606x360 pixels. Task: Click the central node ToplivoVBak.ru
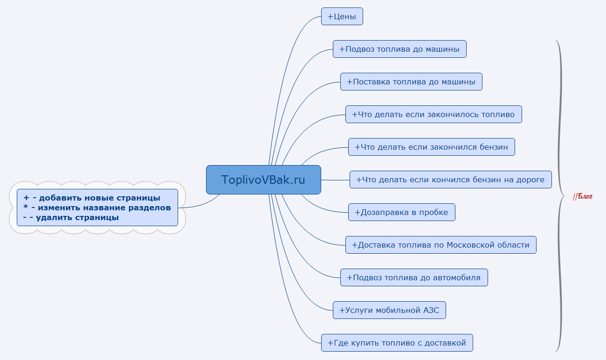click(263, 180)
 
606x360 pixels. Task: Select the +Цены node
click(342, 17)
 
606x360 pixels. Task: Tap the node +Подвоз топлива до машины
click(399, 49)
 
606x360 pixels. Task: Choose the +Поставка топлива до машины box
click(411, 82)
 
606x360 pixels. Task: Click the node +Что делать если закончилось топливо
click(434, 114)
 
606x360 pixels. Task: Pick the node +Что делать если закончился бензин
click(432, 147)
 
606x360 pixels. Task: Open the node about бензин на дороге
click(450, 180)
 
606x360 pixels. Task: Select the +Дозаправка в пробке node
click(401, 212)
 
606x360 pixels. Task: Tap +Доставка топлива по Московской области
click(441, 245)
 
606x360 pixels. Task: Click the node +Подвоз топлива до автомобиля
click(414, 277)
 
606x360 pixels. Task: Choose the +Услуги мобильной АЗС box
click(389, 310)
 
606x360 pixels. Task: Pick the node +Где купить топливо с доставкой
click(397, 343)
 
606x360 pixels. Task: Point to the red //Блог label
click(583, 196)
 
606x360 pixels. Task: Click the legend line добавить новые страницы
click(92, 198)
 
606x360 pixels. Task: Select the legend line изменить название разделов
click(97, 208)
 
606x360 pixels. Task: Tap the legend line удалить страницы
click(71, 217)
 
